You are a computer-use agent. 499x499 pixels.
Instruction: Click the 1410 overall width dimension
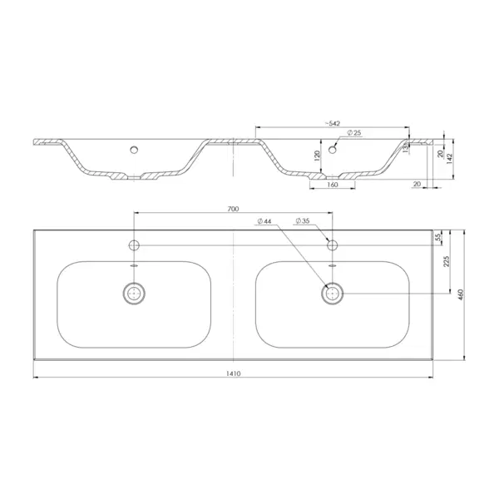pos(233,373)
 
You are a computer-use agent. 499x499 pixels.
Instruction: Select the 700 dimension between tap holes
pos(233,209)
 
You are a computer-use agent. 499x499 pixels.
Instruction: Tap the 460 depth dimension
pos(461,294)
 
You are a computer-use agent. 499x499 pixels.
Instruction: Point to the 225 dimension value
pos(447,261)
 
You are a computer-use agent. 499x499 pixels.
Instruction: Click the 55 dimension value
pos(438,237)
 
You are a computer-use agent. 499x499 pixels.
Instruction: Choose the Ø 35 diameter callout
pos(303,220)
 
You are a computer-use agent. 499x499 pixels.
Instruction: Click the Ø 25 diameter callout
pos(354,133)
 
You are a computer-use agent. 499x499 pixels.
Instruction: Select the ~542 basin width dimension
pos(333,123)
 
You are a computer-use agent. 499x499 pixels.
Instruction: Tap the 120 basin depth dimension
pos(317,156)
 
